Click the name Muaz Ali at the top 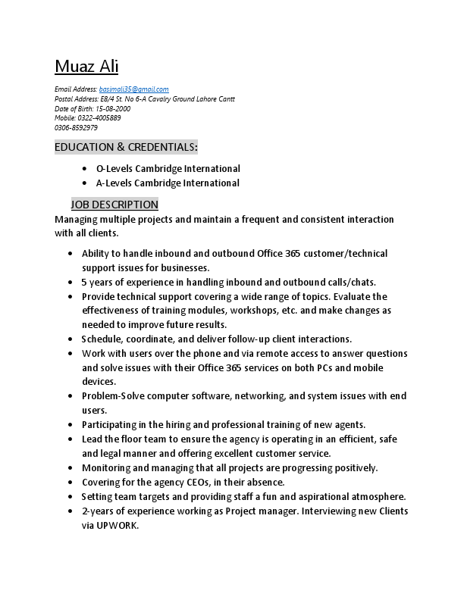pos(86,67)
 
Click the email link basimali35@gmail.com pos(134,89)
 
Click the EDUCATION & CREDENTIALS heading pos(126,147)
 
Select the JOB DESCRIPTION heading pos(114,205)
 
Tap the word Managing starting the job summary pos(76,220)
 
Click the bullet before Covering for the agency pos(71,483)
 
